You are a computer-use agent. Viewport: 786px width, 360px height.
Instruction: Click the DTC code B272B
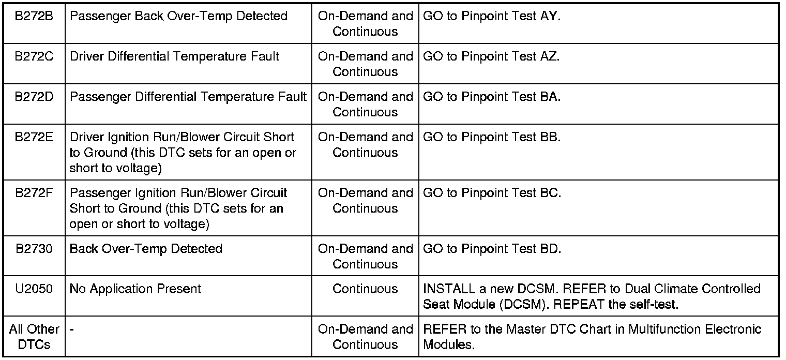coord(34,16)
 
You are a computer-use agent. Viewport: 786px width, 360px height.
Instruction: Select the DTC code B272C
coord(34,56)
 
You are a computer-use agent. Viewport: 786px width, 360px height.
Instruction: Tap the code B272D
coord(34,97)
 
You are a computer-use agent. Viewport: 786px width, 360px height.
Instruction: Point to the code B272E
coord(34,137)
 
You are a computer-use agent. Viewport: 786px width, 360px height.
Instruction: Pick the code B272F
coord(34,193)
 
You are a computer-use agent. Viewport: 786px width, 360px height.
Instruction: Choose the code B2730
coord(34,249)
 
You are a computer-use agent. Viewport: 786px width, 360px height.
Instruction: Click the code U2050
coord(34,289)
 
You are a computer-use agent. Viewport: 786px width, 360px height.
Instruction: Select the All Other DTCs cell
coord(34,337)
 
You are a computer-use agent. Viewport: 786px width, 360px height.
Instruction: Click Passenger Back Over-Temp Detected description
coord(178,16)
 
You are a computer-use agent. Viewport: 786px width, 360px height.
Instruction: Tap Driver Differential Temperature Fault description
coord(174,56)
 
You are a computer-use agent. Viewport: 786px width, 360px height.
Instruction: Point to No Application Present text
coord(135,289)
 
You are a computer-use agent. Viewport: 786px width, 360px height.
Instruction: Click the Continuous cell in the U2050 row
coord(365,289)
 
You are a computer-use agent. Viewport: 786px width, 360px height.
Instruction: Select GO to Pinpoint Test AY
coord(491,16)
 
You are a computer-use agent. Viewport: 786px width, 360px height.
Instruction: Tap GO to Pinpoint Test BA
coord(491,97)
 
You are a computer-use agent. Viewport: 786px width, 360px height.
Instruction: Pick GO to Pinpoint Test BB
coord(492,137)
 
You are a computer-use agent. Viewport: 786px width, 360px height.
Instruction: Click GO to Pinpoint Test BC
coord(492,193)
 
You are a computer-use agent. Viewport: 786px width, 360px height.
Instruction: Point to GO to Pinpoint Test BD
coord(492,249)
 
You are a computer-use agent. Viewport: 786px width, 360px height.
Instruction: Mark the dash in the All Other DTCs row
coord(71,329)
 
